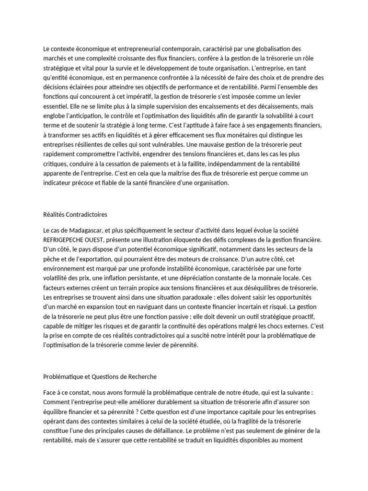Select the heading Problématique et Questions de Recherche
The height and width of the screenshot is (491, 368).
tap(100, 376)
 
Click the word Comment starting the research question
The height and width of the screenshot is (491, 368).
tap(57, 401)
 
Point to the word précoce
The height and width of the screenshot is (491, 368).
tap(88, 183)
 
